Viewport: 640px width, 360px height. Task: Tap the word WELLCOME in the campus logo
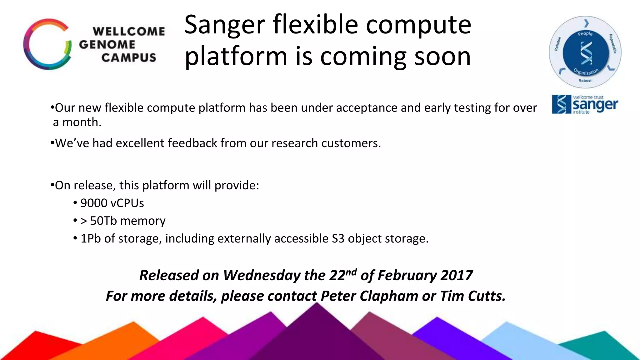(129, 32)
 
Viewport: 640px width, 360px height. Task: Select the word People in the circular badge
(585, 33)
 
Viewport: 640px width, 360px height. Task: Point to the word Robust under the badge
(585, 81)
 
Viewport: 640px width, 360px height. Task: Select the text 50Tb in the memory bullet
(103, 221)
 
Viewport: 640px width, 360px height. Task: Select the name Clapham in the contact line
(388, 296)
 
